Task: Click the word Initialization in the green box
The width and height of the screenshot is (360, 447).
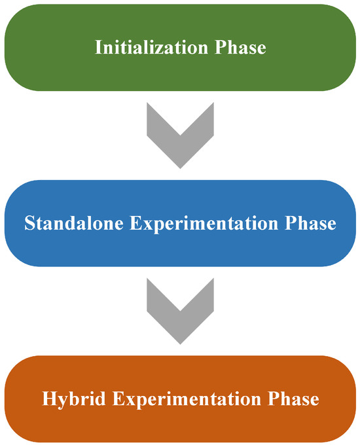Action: click(x=151, y=47)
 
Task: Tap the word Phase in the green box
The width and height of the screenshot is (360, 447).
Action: click(x=240, y=47)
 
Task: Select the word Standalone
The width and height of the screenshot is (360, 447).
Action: click(x=74, y=223)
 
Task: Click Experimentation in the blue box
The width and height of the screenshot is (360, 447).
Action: click(x=204, y=224)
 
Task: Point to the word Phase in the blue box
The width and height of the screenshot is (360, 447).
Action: click(x=310, y=223)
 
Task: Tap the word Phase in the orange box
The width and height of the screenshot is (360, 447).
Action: click(x=293, y=399)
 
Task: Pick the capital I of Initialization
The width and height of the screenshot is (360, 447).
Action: click(x=99, y=47)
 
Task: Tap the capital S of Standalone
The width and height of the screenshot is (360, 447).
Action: click(x=29, y=223)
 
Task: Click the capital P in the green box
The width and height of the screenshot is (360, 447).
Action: click(x=220, y=47)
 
